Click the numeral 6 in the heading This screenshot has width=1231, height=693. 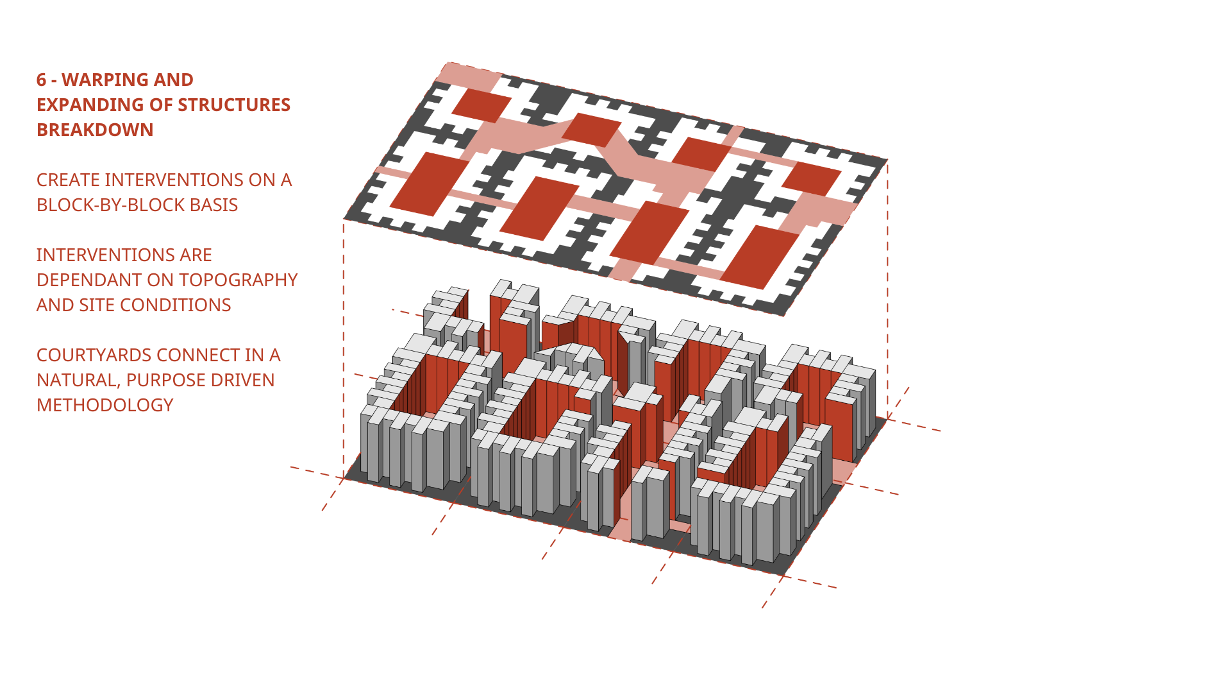pyautogui.click(x=42, y=80)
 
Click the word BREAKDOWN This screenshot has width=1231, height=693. pyautogui.click(x=95, y=130)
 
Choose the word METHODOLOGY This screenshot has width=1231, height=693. pyautogui.click(x=105, y=405)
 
